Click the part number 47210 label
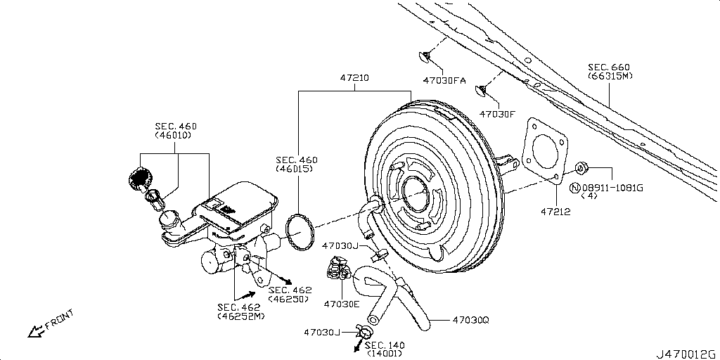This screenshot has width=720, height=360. (355, 78)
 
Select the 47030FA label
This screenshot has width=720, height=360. (444, 81)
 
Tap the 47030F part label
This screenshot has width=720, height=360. (497, 113)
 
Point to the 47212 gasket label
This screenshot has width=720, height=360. (555, 211)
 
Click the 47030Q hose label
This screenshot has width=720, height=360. (470, 320)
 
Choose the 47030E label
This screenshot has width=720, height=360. (341, 304)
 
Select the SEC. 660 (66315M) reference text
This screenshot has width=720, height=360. (610, 71)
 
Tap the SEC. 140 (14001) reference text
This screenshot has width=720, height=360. (385, 349)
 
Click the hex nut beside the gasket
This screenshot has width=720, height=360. (581, 168)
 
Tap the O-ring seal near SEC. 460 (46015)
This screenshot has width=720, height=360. (300, 231)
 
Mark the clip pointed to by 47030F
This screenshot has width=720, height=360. (482, 90)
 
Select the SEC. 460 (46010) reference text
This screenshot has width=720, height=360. (176, 131)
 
